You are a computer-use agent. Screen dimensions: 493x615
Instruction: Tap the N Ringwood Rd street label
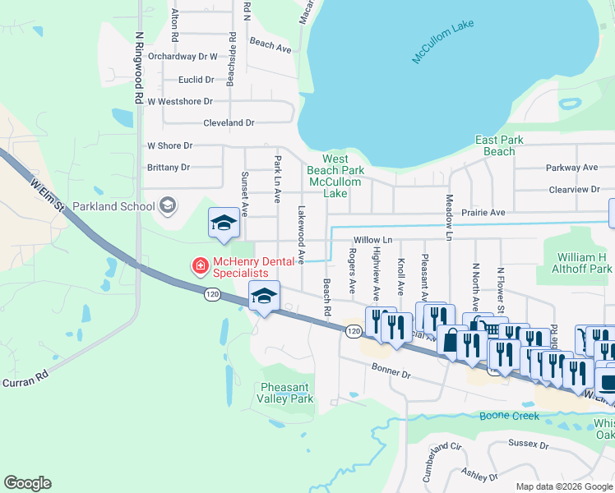[x=140, y=68]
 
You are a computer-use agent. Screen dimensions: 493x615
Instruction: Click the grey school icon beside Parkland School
[x=168, y=205]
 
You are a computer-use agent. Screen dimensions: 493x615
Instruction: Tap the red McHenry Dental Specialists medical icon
[x=199, y=265]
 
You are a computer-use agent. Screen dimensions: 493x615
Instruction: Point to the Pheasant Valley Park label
[x=287, y=393]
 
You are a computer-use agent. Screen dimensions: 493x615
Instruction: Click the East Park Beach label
[x=499, y=145]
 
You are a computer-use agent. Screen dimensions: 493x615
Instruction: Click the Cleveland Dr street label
[x=229, y=122]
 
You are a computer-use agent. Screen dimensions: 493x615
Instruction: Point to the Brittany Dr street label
[x=168, y=167]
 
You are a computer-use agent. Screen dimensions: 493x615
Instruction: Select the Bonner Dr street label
[x=390, y=372]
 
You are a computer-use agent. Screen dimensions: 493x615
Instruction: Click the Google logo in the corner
[x=28, y=483]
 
